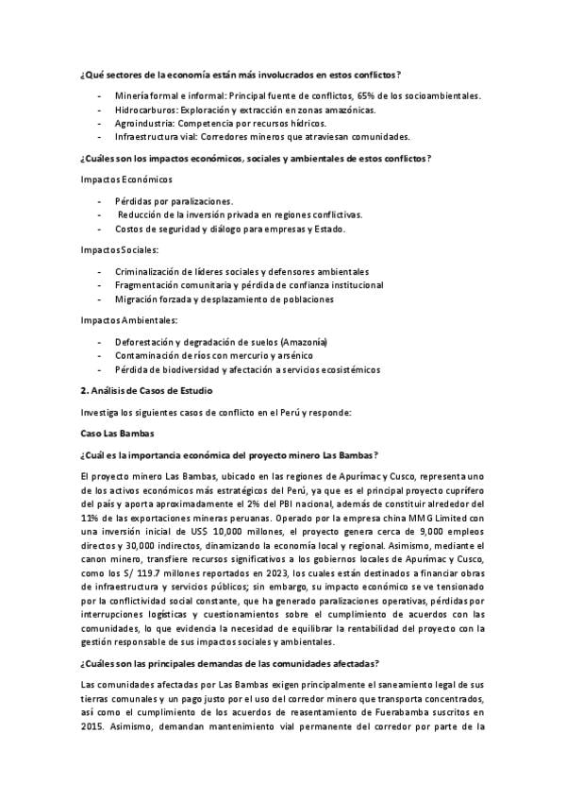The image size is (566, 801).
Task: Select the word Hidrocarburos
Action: click(145, 110)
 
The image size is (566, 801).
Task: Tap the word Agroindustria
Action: click(144, 123)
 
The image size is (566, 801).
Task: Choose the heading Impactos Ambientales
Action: click(129, 320)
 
